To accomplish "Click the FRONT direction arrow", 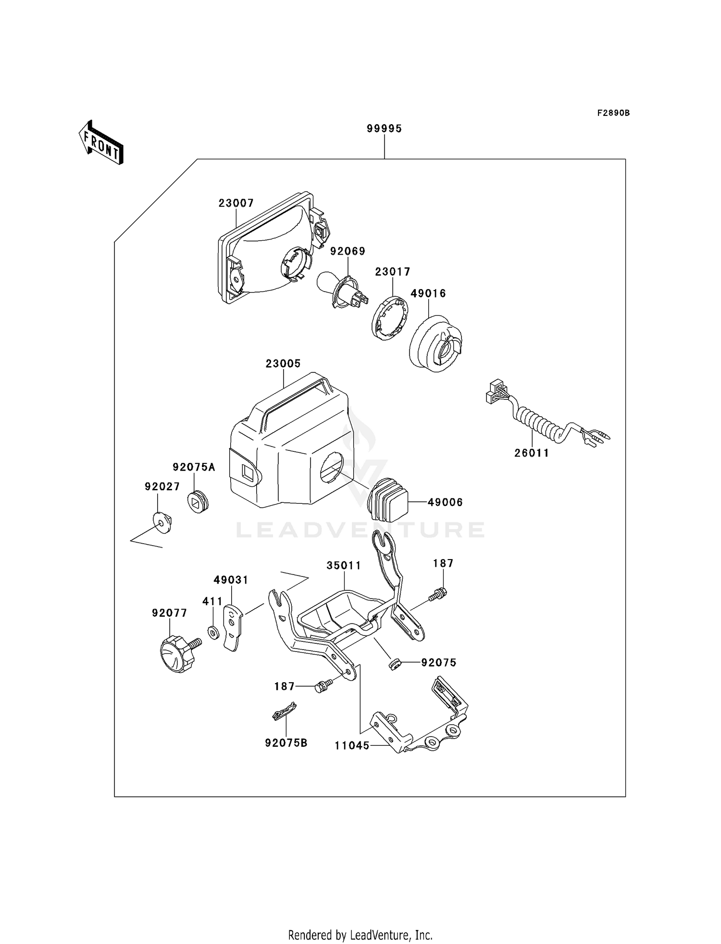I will coord(101,142).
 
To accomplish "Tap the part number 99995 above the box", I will coord(384,128).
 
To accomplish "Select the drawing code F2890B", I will coord(613,113).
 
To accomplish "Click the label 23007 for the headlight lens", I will coord(236,203).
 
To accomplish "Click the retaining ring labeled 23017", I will coord(390,319).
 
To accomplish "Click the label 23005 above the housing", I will coord(283,364).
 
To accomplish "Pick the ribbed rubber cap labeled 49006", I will coord(388,500).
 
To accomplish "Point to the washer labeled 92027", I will coord(162,522).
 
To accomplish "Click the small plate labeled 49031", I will coord(232,628).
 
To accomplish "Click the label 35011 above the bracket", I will coord(344,566).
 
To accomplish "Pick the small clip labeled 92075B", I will coord(284,711).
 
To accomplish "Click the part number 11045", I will coord(352,745).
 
